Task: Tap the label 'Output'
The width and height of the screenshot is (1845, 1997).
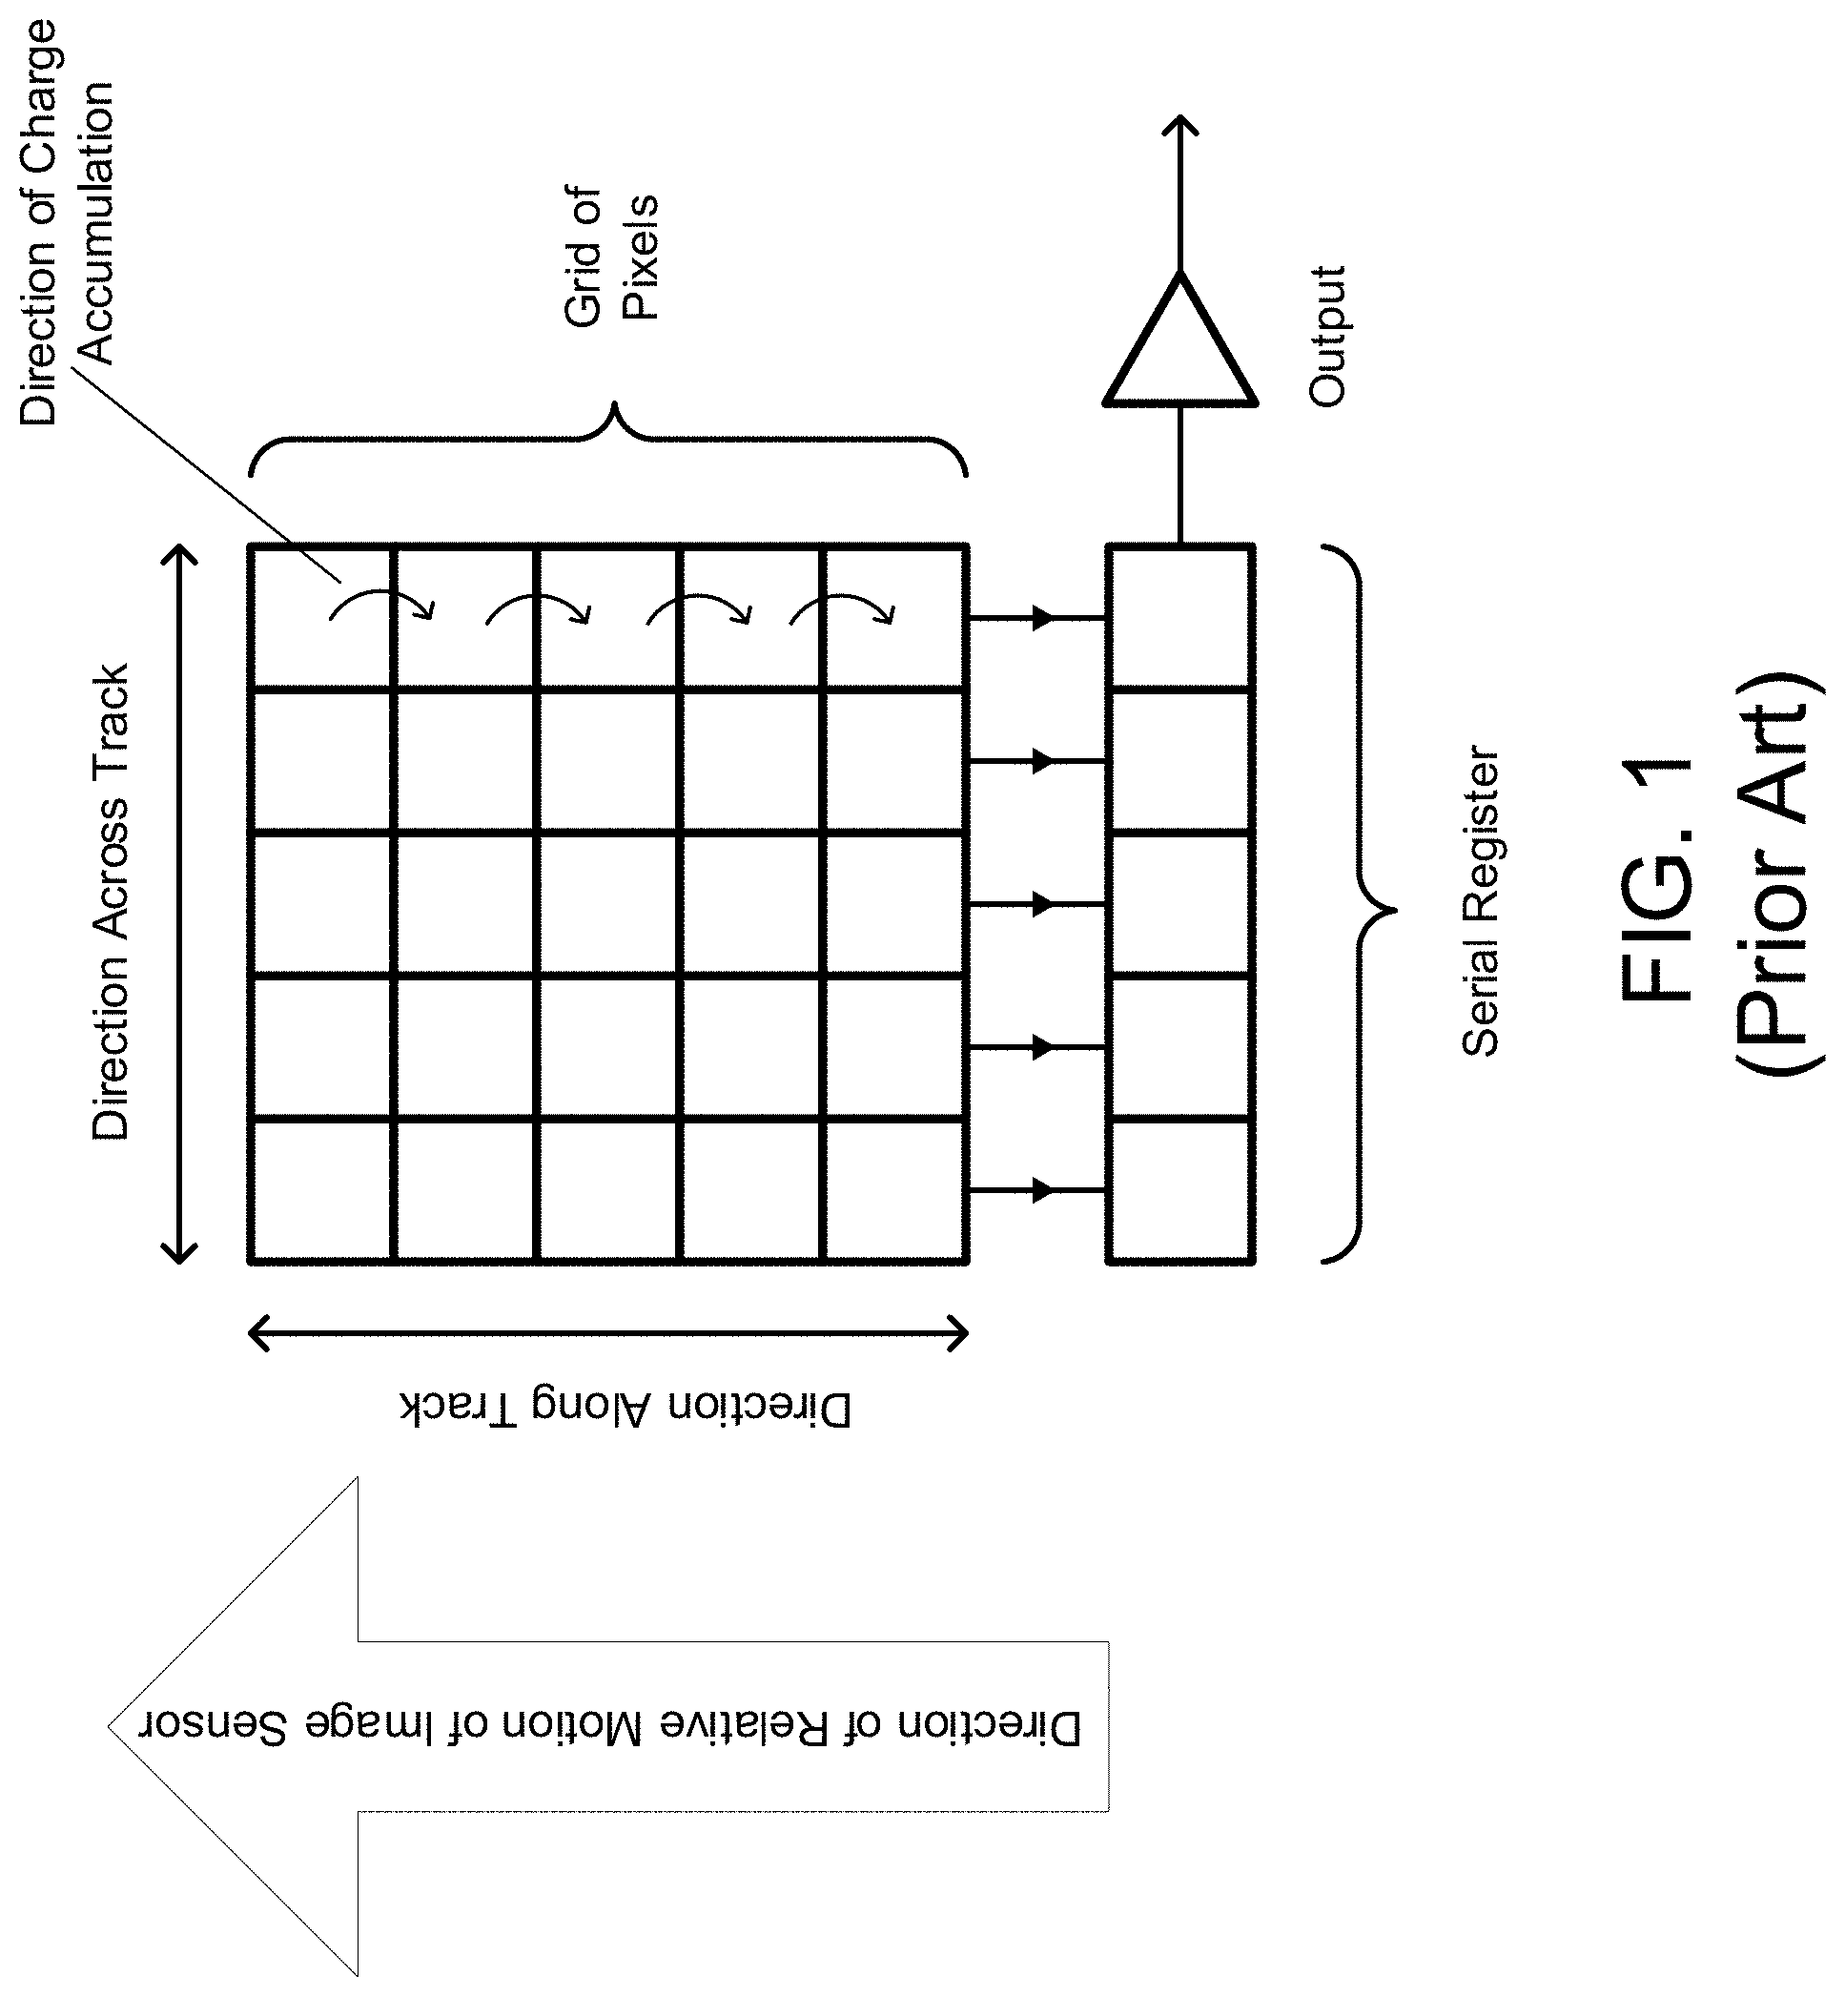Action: click(x=1327, y=337)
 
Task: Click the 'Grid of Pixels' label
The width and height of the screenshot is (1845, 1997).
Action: click(x=611, y=257)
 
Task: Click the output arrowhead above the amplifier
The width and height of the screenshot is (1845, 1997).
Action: click(x=1180, y=124)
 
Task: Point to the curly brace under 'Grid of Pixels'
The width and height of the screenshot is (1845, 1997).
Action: click(x=609, y=440)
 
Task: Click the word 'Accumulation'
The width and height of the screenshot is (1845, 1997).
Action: click(x=97, y=224)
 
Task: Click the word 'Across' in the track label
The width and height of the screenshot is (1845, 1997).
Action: click(x=111, y=869)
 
